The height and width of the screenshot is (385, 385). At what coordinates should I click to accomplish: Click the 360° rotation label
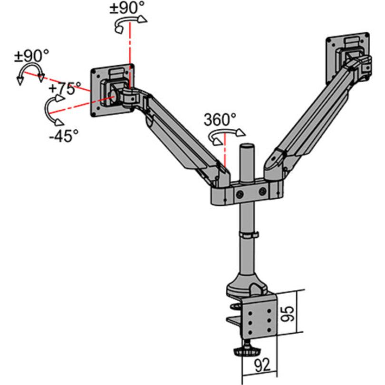[x=220, y=119]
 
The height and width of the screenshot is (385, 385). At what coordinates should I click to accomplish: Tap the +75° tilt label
[x=65, y=88]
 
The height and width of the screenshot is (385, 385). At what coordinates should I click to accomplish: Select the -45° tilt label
[x=63, y=135]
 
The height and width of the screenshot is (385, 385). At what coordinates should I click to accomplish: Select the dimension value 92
[x=262, y=365]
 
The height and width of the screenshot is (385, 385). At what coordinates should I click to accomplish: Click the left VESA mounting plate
[x=111, y=90]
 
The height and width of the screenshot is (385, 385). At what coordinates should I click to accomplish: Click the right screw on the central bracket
[x=263, y=192]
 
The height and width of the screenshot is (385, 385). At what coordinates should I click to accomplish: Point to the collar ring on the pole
[x=247, y=235]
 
